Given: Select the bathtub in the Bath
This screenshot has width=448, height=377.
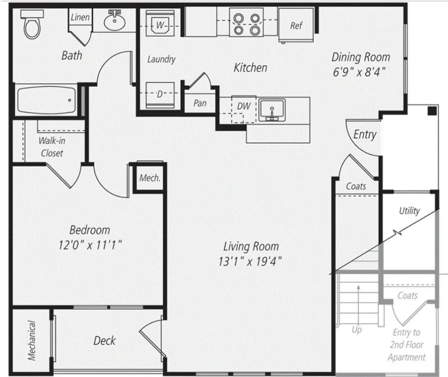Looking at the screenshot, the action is [46, 100].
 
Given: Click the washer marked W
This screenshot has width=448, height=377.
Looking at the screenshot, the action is [160, 23].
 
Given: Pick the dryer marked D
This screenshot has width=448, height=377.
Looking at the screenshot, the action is [160, 95].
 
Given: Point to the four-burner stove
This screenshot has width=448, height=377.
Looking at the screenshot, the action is [246, 22].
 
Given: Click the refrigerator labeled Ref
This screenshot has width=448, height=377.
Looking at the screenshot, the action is [296, 25].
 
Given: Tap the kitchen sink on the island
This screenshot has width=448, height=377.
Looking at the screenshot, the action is [272, 110].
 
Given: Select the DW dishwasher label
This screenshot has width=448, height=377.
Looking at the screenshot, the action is [244, 106].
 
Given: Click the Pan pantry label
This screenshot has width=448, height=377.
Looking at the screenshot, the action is [200, 103].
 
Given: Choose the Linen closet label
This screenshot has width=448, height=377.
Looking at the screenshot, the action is [80, 17].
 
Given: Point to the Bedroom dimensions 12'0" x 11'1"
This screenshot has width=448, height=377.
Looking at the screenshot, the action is [90, 245].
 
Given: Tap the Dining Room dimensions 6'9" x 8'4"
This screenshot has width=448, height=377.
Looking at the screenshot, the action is [359, 72].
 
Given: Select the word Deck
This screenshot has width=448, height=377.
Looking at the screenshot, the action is [105, 340].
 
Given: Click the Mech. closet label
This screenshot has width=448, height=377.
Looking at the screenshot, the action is [150, 178].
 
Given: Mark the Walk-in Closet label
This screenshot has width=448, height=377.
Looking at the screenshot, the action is [52, 147].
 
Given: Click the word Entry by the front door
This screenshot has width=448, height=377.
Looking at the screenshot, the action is [365, 134].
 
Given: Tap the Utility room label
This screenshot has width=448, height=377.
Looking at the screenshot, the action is [410, 211].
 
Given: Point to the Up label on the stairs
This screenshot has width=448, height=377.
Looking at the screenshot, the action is [357, 330].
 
